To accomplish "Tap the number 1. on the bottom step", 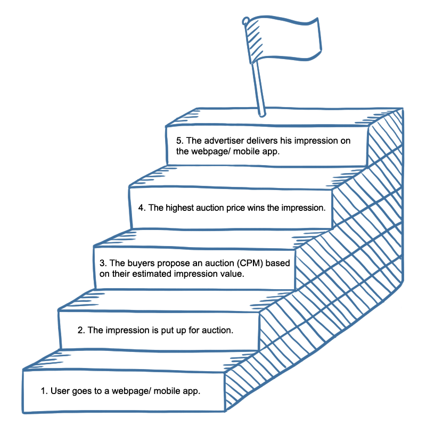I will (x=44, y=391).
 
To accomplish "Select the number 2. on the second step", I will (x=81, y=330).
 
